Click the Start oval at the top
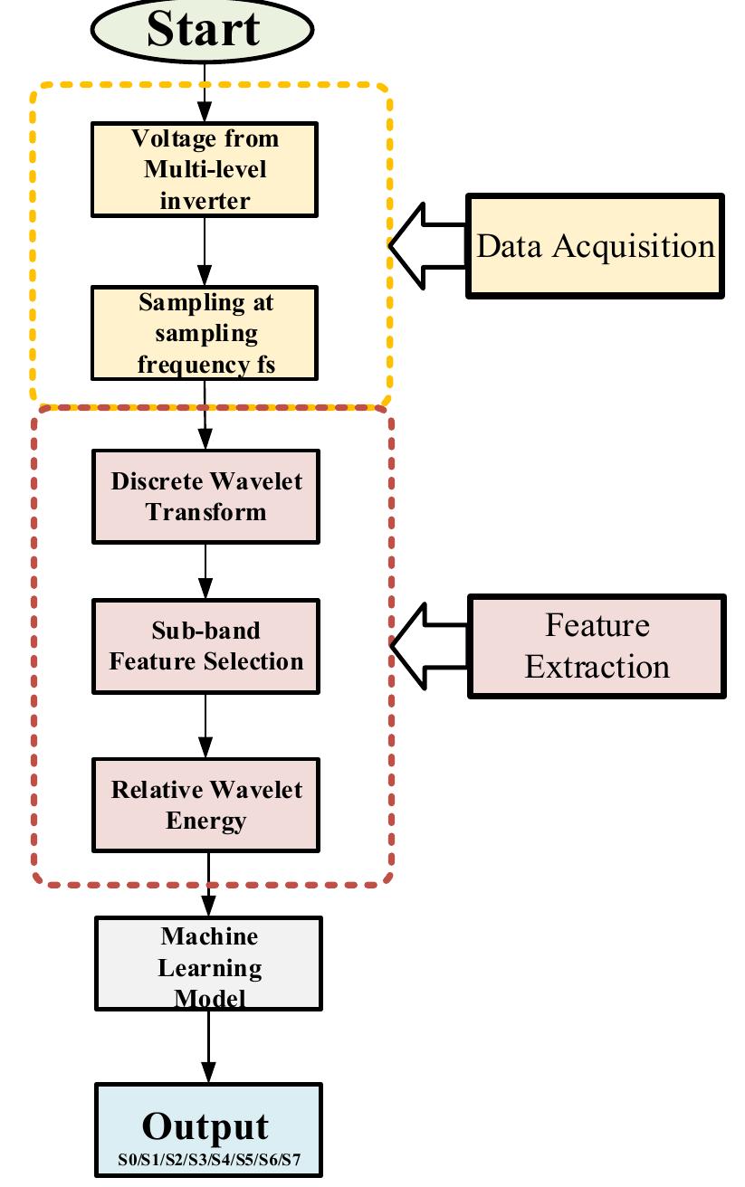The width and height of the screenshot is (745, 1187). click(x=202, y=29)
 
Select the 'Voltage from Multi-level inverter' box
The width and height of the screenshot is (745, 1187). click(x=205, y=169)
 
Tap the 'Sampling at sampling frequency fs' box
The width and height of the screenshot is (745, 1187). click(x=205, y=333)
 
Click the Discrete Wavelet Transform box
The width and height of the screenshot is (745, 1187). click(x=206, y=496)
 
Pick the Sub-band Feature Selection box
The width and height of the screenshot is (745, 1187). click(x=206, y=646)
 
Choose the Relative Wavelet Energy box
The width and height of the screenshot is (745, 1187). click(x=206, y=805)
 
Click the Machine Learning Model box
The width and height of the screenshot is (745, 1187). click(x=209, y=964)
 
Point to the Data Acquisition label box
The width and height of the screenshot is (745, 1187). click(x=596, y=245)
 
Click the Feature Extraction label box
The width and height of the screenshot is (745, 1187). click(x=597, y=646)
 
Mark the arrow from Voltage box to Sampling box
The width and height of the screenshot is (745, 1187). click(x=205, y=251)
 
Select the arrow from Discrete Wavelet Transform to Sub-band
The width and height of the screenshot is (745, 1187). click(x=206, y=571)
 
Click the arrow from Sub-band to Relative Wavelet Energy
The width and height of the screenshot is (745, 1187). click(x=206, y=726)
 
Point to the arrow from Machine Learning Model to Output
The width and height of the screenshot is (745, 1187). click(x=209, y=1046)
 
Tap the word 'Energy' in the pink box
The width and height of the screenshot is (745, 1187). click(x=206, y=821)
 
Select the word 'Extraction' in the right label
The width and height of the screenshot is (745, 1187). click(x=597, y=667)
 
